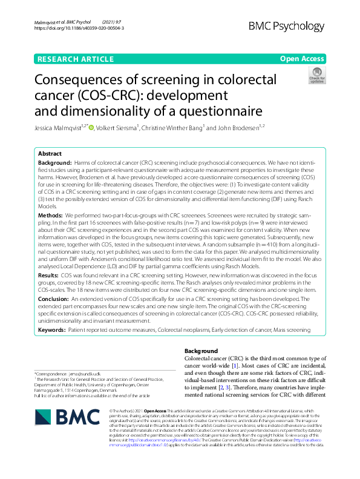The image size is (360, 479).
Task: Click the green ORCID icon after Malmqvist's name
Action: (92, 127)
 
